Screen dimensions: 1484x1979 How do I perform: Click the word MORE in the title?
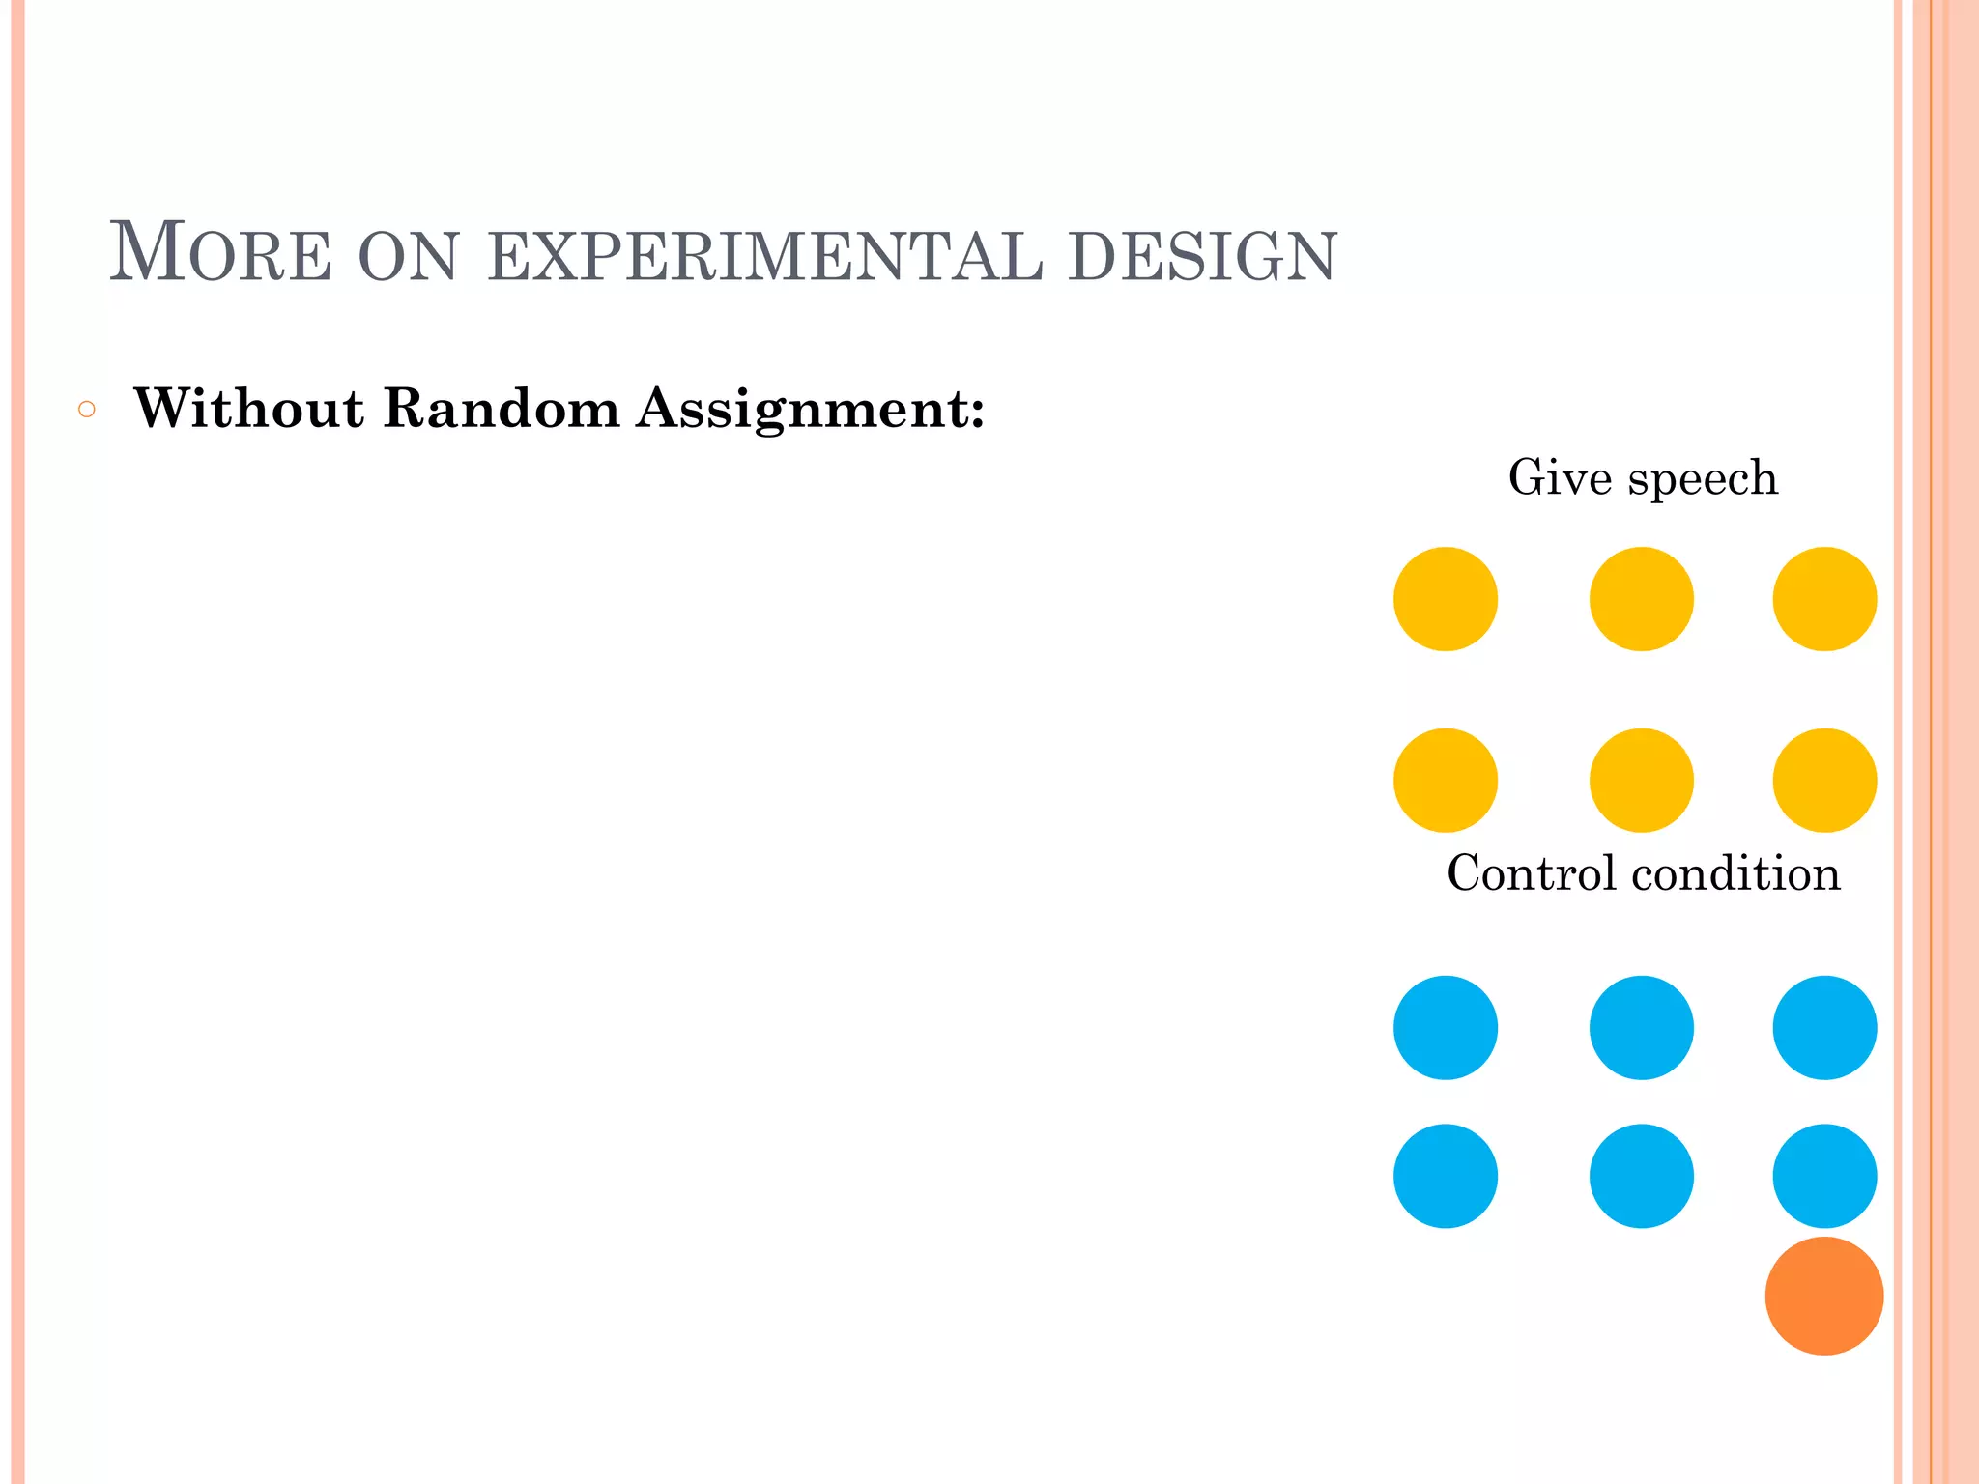[220, 253]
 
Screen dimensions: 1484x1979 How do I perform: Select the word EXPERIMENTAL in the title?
[765, 257]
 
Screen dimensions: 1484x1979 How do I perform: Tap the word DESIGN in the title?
[1202, 257]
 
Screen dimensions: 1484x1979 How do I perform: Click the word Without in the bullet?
[249, 408]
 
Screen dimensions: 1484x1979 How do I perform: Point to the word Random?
[502, 408]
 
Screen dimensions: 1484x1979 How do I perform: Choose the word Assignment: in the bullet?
[811, 410]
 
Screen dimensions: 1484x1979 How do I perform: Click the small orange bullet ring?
[87, 410]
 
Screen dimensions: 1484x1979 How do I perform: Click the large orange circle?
[1823, 1296]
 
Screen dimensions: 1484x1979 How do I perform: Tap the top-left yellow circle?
[1446, 599]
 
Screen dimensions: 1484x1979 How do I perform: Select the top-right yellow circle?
[1824, 599]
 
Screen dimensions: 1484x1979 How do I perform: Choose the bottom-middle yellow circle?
[1641, 780]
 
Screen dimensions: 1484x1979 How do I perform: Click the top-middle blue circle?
[1641, 1027]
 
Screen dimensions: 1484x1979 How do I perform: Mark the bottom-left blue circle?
[1446, 1176]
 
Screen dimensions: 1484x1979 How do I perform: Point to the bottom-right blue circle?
[1824, 1176]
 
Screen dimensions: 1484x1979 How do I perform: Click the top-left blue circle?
[1446, 1027]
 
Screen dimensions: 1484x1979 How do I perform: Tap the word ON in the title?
[408, 257]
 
